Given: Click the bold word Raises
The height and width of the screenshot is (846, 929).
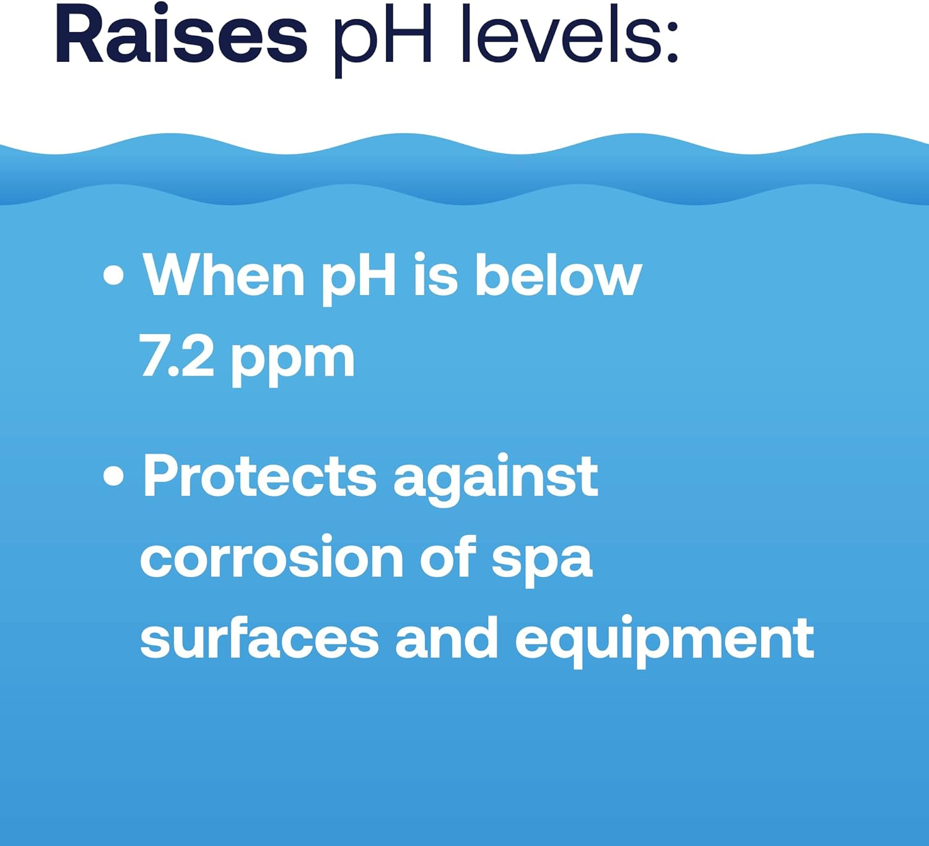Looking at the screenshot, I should pos(181,36).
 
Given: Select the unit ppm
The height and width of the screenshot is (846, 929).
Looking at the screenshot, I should pos(293,361).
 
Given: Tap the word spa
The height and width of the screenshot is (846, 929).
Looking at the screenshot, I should pos(542,562).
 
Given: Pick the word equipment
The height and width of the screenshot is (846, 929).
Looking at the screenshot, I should pos(664,641).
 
